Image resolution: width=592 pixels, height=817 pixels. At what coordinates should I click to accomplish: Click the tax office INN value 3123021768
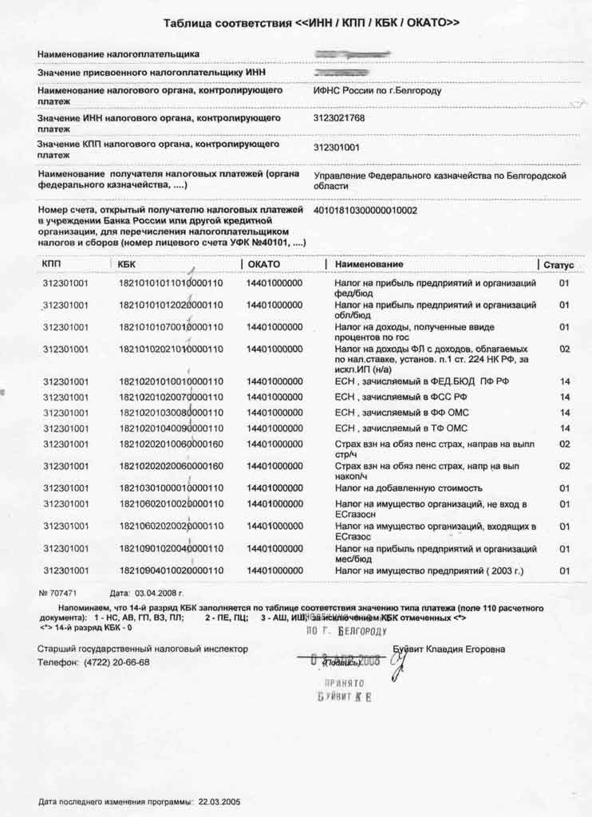point(339,118)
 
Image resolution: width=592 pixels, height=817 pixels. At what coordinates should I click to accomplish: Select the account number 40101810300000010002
point(365,211)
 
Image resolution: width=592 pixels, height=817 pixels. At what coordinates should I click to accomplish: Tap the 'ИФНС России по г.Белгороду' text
point(377,91)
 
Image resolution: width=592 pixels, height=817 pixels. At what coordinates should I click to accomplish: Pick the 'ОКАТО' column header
point(264,264)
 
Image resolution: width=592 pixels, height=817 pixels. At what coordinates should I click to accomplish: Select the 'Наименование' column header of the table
point(369,264)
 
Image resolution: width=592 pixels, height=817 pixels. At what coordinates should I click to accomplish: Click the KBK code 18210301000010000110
point(171,488)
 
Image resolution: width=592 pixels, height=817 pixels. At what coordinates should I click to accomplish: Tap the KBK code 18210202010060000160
point(171,444)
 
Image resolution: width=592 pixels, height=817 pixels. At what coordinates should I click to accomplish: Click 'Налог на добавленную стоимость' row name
point(408,488)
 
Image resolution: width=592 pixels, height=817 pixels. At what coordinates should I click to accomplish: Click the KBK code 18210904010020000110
point(171,570)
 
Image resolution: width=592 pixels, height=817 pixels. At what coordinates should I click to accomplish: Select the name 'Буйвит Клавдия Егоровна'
point(448,649)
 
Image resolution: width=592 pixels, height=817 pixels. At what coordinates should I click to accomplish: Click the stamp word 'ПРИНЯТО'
point(344,684)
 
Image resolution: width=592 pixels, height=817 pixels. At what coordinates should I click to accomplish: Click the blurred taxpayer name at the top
point(352,54)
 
